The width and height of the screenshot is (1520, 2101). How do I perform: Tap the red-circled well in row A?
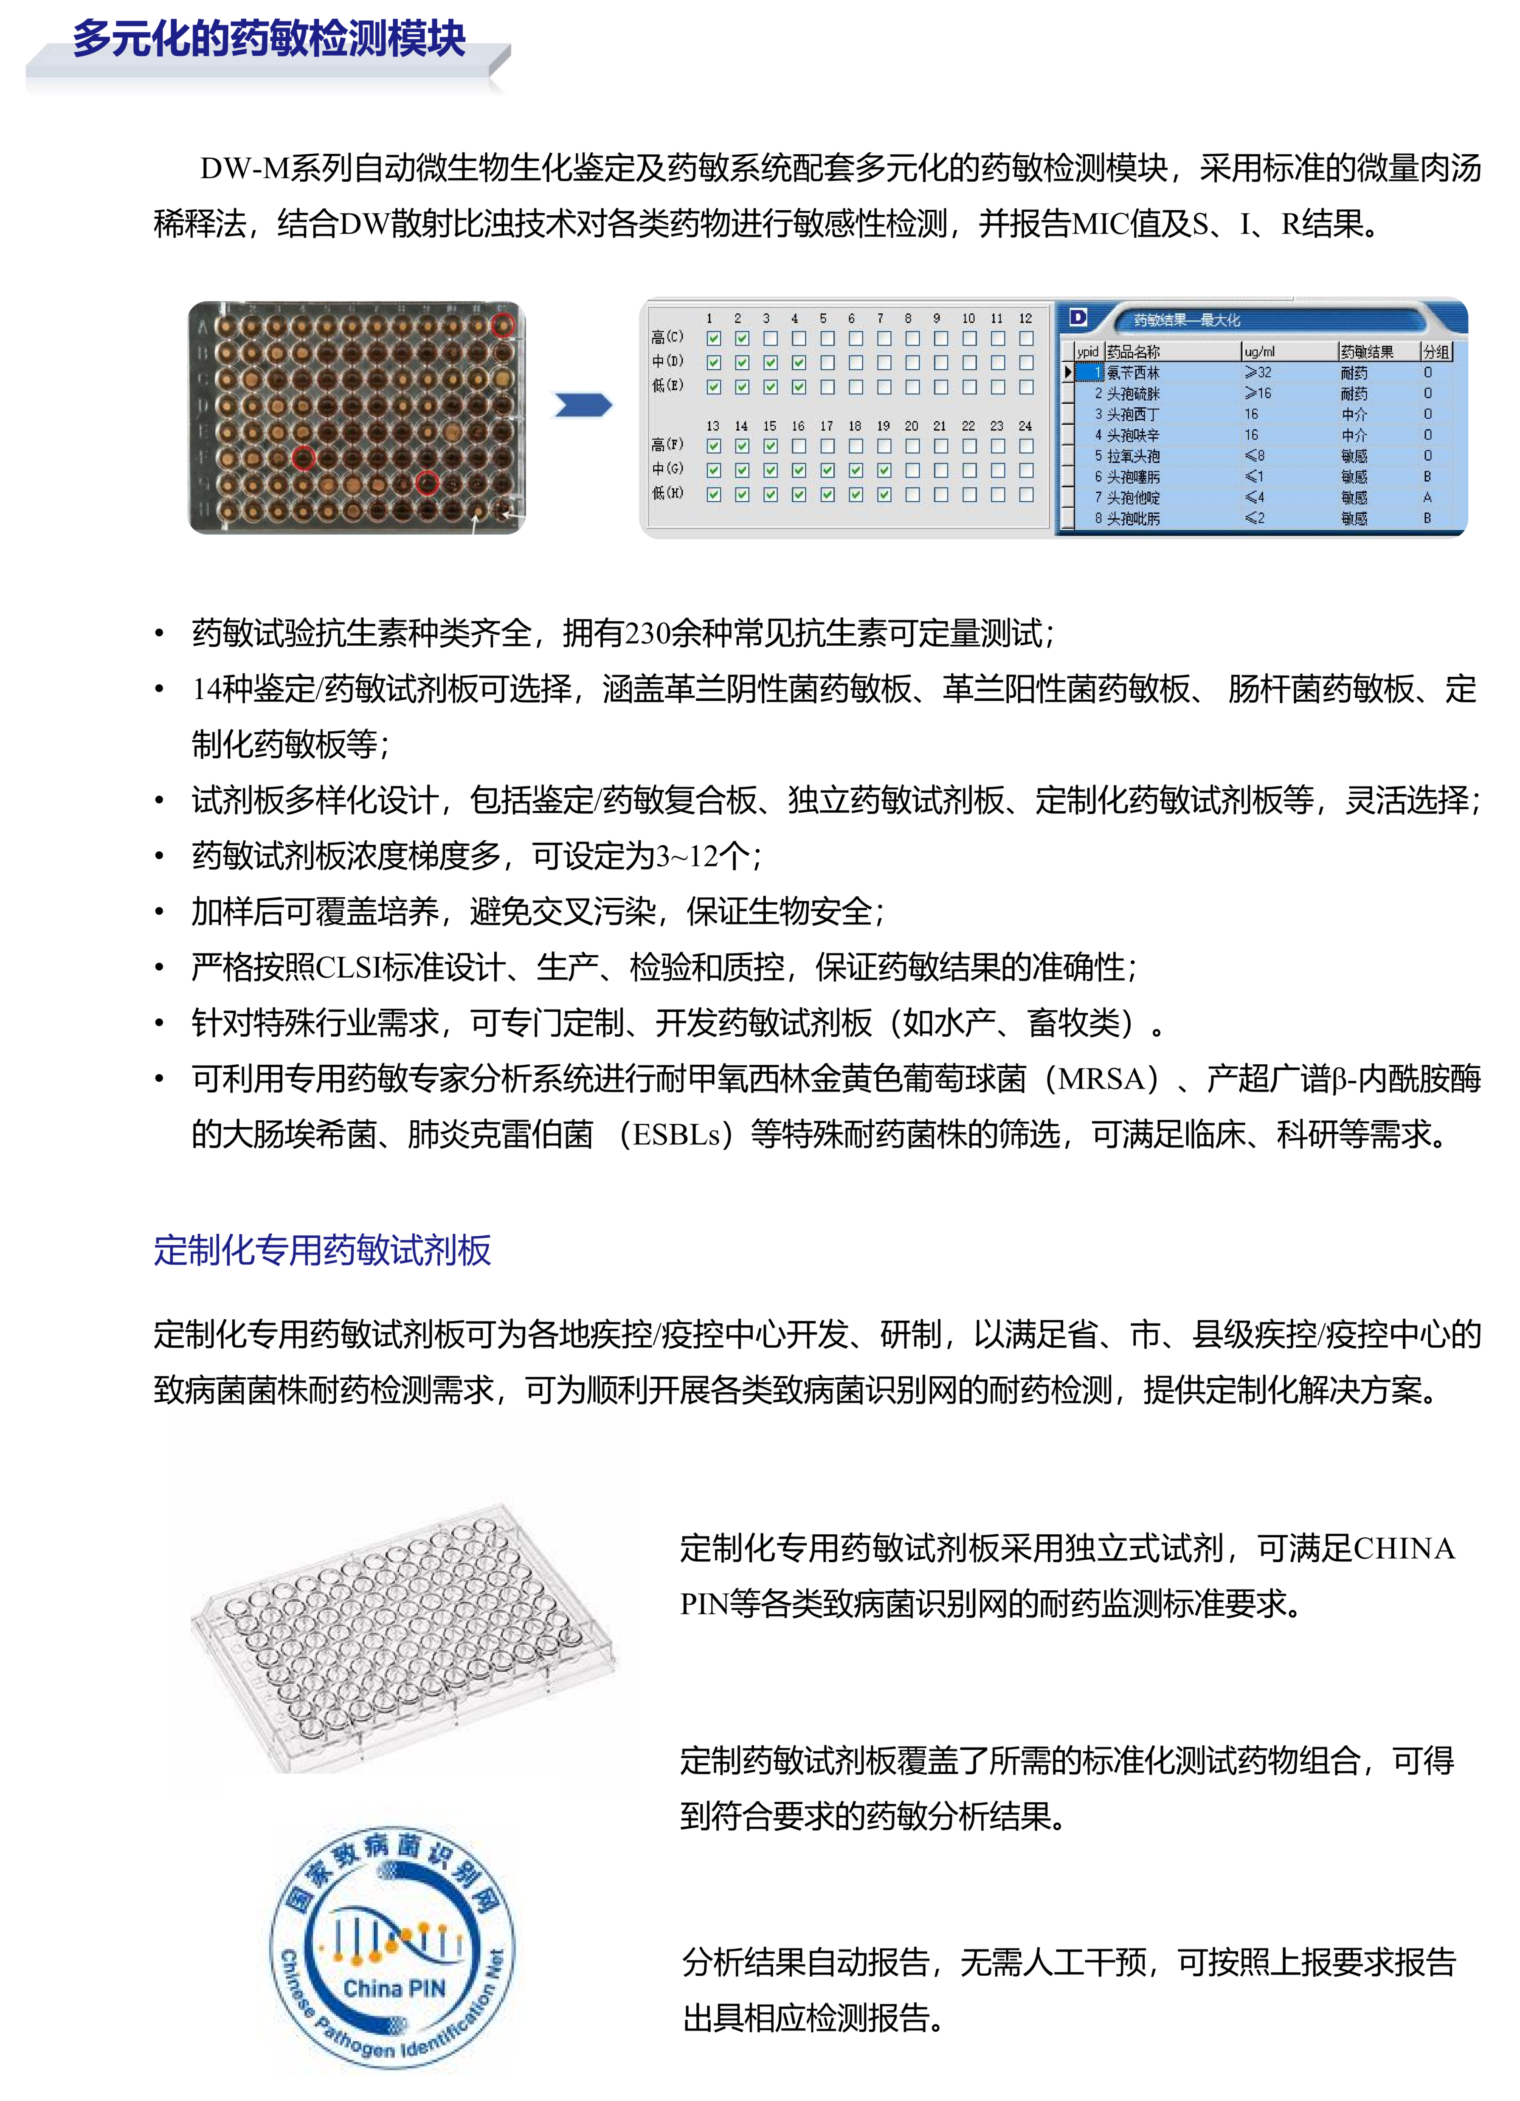coord(502,325)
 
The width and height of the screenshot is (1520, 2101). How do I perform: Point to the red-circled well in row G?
coord(426,483)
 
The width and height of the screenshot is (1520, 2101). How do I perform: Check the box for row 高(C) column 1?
coord(713,338)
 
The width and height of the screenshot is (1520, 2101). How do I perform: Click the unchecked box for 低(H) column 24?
coord(1025,495)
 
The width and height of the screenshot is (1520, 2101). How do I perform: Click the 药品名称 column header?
coord(1133,352)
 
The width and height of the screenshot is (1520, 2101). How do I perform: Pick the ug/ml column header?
coord(1260,352)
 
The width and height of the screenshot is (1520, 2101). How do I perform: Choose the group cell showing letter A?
coord(1427,498)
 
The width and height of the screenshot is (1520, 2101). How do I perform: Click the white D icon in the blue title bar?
coord(1077,318)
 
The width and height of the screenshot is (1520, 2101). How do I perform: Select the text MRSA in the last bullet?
coord(1101,1079)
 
